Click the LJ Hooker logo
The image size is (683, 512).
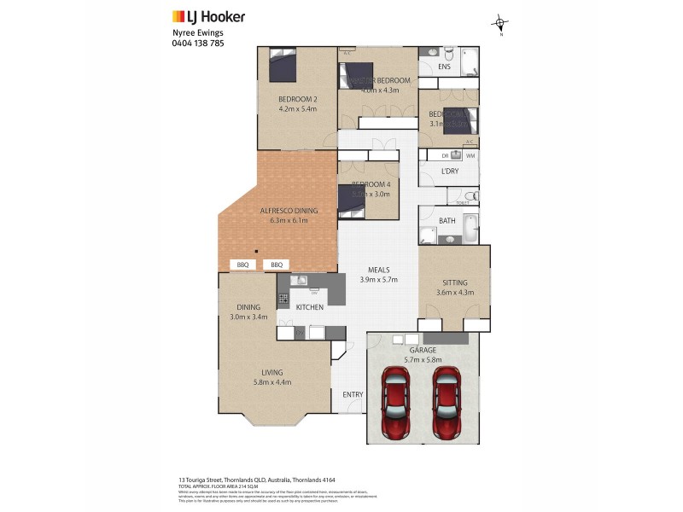click(208, 16)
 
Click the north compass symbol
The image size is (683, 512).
click(500, 24)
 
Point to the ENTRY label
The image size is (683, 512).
click(353, 394)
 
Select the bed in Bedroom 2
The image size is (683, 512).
click(283, 65)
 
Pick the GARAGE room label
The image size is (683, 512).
click(423, 350)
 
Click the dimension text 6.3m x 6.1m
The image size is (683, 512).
click(289, 220)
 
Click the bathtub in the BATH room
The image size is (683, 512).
click(466, 236)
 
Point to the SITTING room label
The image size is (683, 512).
click(454, 282)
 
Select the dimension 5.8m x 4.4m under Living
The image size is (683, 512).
click(272, 382)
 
